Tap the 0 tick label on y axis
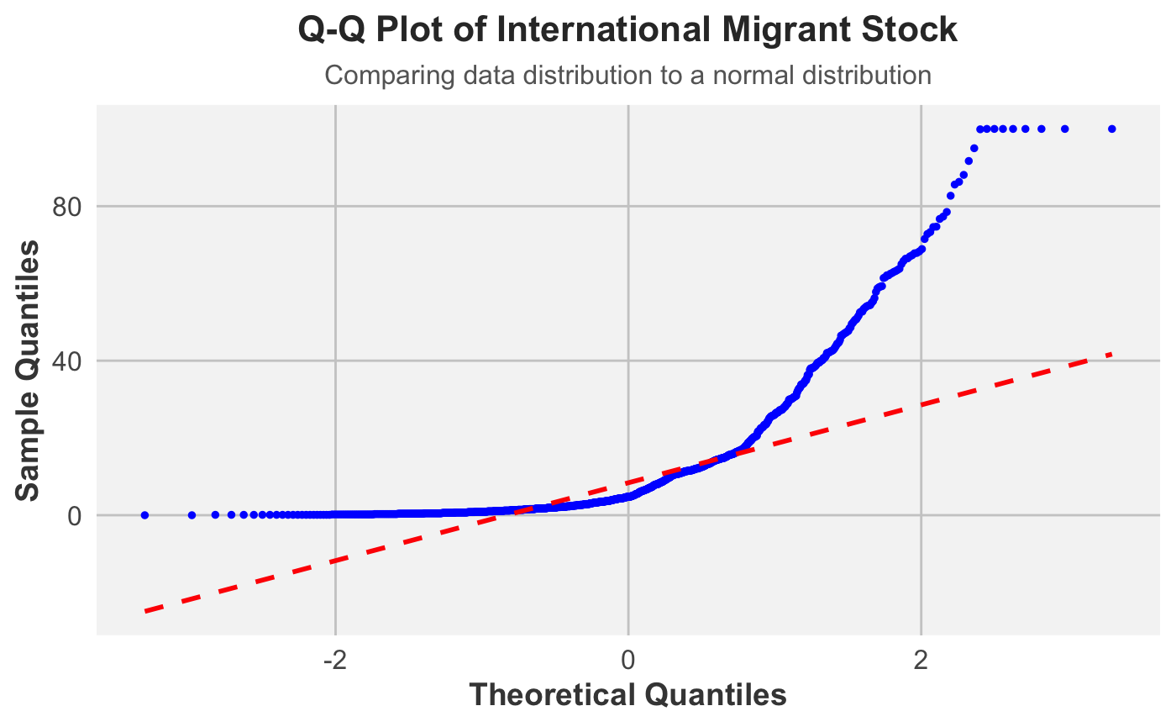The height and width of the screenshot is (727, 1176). click(x=74, y=515)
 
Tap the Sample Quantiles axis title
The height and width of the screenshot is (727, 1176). click(x=28, y=370)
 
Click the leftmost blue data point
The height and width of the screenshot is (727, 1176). click(x=144, y=515)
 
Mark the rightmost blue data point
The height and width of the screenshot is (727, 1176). click(x=1112, y=129)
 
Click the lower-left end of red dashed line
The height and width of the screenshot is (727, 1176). click(x=144, y=611)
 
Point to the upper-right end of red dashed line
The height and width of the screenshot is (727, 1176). click(x=1112, y=354)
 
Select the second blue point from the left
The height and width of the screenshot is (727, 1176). click(x=192, y=515)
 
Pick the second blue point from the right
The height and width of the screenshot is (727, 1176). click(x=1065, y=129)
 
